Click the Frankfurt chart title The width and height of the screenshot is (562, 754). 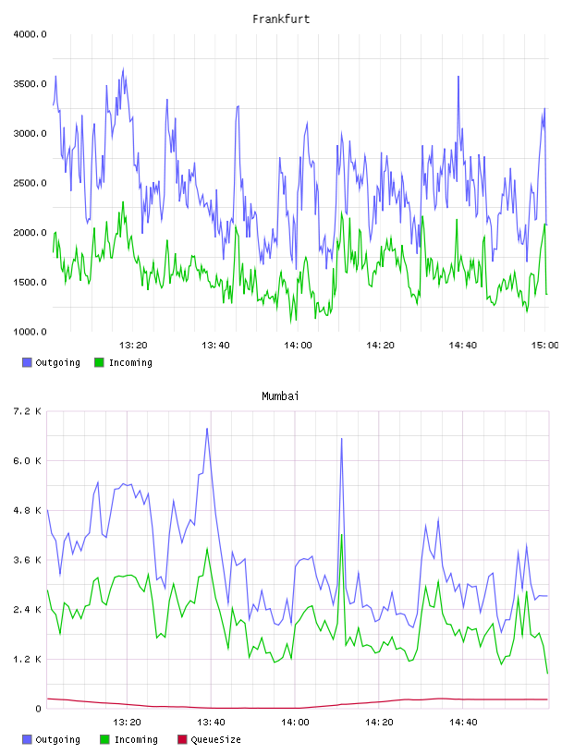point(281,19)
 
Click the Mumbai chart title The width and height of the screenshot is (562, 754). point(280,396)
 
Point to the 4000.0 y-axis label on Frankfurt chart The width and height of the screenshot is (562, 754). point(30,34)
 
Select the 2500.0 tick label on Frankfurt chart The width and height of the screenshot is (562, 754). point(30,183)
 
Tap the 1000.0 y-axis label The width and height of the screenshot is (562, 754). point(30,332)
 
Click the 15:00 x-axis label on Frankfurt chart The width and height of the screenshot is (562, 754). point(544,345)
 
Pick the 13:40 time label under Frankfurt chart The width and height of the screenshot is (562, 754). point(215,345)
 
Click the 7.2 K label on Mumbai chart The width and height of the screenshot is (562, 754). point(27,411)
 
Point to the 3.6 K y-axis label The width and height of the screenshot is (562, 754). point(27,560)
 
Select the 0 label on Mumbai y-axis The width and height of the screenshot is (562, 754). point(38,709)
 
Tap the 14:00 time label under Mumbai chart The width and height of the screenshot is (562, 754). point(295,722)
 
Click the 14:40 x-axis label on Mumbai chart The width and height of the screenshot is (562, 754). point(463,722)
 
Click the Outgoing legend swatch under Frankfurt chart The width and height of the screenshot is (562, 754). point(27,362)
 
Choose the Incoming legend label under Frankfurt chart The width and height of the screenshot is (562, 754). point(130,362)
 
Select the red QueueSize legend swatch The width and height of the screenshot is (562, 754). point(182,739)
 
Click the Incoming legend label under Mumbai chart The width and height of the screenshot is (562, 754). point(136,739)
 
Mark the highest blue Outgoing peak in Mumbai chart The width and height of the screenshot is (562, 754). point(207,429)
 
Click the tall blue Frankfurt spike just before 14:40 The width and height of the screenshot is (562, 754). point(458,77)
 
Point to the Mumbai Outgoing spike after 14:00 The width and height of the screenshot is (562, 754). point(342,439)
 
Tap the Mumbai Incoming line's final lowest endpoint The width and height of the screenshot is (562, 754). point(547,674)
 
